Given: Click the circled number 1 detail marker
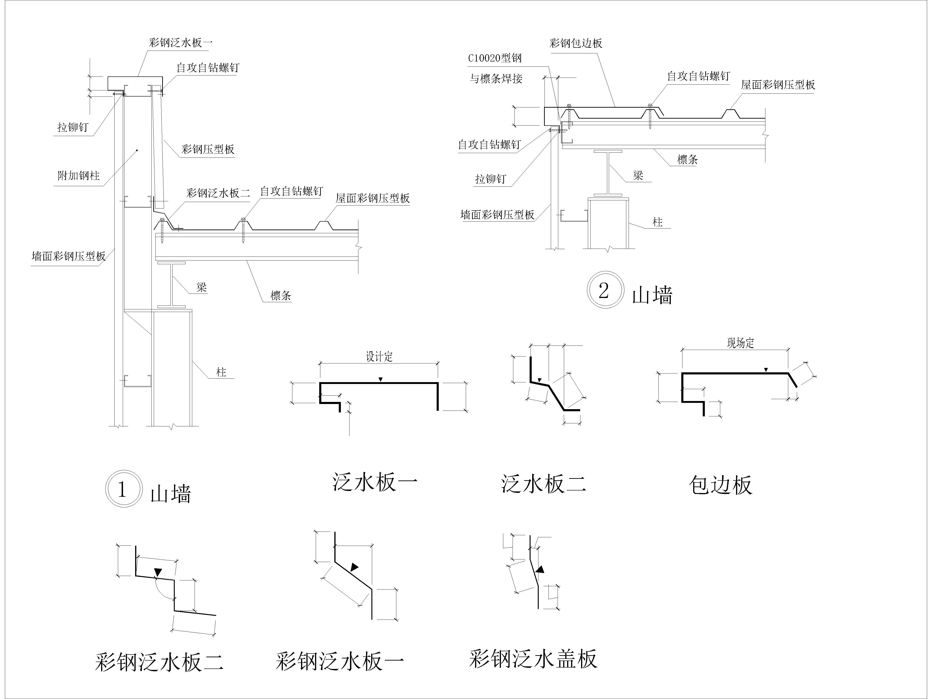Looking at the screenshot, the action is (x=122, y=489).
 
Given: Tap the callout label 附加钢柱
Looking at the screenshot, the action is (x=79, y=175).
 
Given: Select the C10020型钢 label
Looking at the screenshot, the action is (x=495, y=58).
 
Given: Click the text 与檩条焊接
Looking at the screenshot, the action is (x=496, y=78).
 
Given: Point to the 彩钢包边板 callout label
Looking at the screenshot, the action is (x=576, y=43).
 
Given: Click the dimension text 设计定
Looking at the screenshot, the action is (x=379, y=356).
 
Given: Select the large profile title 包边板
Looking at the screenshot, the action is (x=720, y=485).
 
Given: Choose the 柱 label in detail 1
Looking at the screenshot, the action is (x=221, y=372).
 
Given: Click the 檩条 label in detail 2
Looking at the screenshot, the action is (x=688, y=159).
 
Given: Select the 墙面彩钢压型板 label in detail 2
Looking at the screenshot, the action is (x=498, y=215).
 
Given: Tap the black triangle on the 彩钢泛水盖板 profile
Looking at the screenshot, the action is (x=539, y=569).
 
